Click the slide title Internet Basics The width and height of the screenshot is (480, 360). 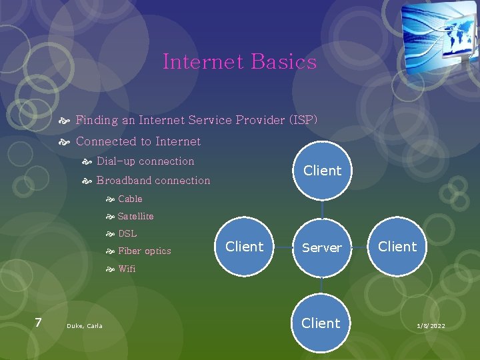[239, 62]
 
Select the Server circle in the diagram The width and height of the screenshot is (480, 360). [322, 247]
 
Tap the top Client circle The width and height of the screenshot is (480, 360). [322, 171]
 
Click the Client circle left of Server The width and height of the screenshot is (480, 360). [245, 247]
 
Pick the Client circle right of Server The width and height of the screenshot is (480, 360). [397, 247]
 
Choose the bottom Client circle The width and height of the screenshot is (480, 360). [321, 323]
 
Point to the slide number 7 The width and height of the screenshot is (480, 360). [38, 323]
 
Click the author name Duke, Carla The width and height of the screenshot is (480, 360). [85, 325]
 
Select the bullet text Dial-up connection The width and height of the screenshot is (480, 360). [145, 161]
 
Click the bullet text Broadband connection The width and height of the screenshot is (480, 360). [153, 181]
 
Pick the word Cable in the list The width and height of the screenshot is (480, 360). [130, 199]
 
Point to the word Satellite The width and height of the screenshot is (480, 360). [135, 216]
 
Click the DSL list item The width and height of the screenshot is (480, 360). [127, 233]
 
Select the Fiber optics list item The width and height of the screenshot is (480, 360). [144, 251]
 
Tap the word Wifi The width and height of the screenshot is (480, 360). [127, 269]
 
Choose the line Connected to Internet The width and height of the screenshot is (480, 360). [138, 141]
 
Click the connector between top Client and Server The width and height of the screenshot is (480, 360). [322, 209]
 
